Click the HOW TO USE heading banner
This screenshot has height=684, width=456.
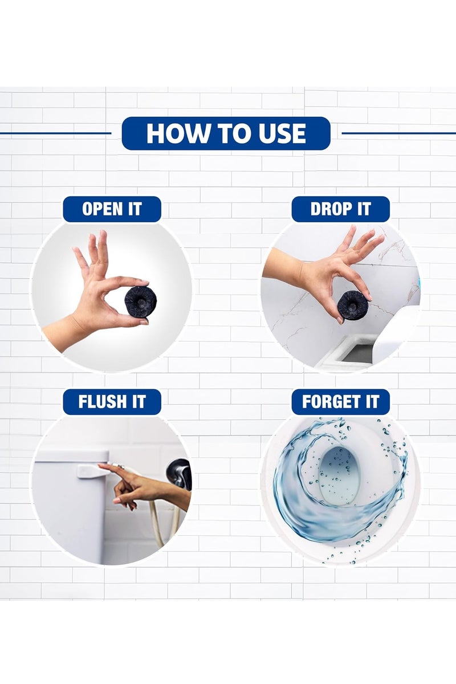click(x=226, y=133)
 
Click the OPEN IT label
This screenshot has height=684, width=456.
click(x=112, y=209)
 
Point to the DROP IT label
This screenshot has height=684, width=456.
click(x=340, y=209)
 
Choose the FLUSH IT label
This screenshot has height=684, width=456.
click(x=112, y=401)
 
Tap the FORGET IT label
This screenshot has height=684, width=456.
click(x=340, y=401)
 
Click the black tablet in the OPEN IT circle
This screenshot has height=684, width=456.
click(x=141, y=300)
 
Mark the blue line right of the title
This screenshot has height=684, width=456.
click(x=398, y=133)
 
